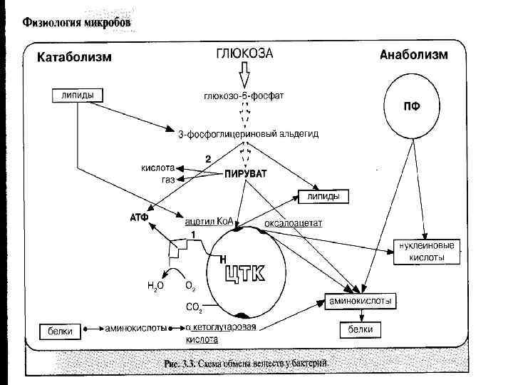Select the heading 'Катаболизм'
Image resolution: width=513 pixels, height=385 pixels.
click(74, 57)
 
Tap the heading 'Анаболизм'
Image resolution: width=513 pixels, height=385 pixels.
click(414, 55)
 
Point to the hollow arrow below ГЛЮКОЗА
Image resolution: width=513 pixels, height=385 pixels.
click(244, 75)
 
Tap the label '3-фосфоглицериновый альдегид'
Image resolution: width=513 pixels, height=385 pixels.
click(248, 133)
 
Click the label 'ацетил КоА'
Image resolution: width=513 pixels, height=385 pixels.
click(211, 221)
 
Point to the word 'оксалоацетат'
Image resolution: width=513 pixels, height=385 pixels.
click(293, 222)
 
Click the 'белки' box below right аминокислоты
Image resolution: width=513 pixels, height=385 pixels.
click(360, 330)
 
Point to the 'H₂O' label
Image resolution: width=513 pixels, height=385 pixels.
click(155, 285)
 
